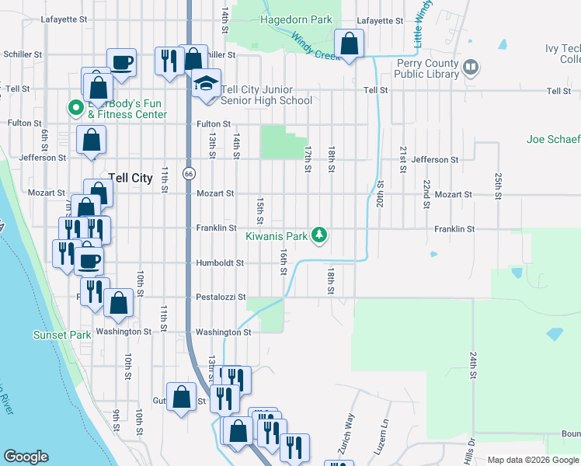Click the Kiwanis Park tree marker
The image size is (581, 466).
[318, 234]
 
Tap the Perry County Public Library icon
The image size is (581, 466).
[470, 68]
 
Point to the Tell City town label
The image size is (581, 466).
[130, 178]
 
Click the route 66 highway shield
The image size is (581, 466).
[189, 173]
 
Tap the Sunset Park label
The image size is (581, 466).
[61, 335]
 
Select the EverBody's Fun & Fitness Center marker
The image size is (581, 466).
[76, 108]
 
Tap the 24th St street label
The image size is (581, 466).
[471, 363]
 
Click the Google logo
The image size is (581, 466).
[26, 457]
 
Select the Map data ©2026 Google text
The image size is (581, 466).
[533, 460]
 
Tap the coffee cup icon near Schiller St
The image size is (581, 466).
[121, 61]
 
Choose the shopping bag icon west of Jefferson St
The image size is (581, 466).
[91, 140]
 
